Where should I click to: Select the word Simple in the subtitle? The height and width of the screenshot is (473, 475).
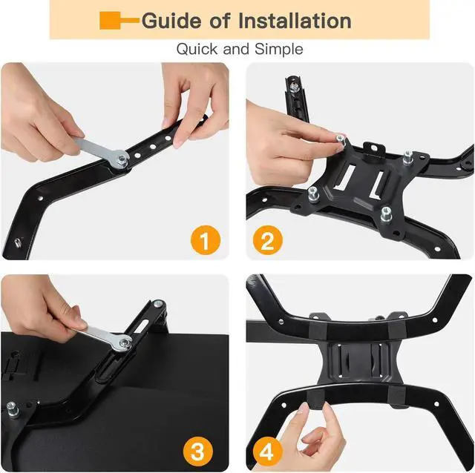[279, 50]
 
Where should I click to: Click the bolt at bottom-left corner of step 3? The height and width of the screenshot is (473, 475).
[13, 407]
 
